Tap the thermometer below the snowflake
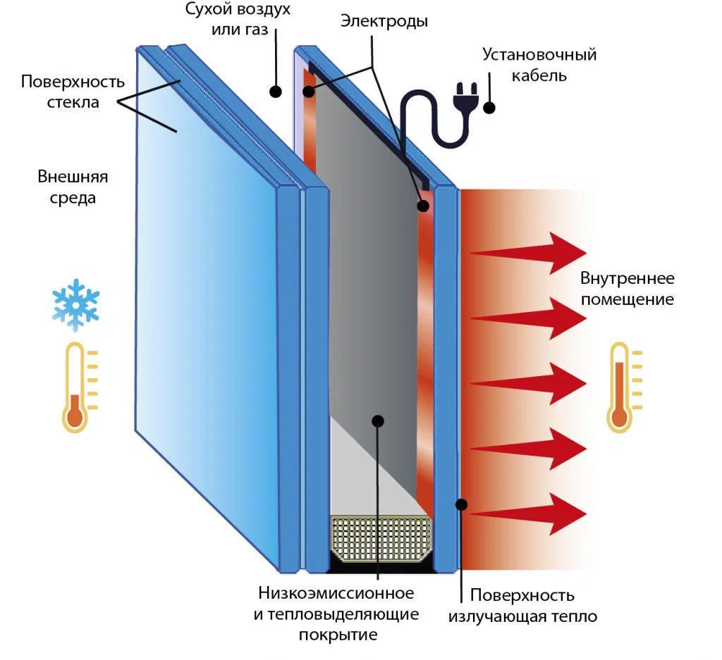click(75, 387)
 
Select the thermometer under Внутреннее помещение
click(619, 387)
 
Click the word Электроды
click(384, 21)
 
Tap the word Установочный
click(539, 54)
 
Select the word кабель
click(539, 74)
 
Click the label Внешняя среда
click(68, 187)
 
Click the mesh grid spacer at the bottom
click(381, 537)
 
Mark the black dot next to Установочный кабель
click(488, 108)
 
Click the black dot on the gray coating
click(377, 421)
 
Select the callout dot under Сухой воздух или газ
click(276, 91)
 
